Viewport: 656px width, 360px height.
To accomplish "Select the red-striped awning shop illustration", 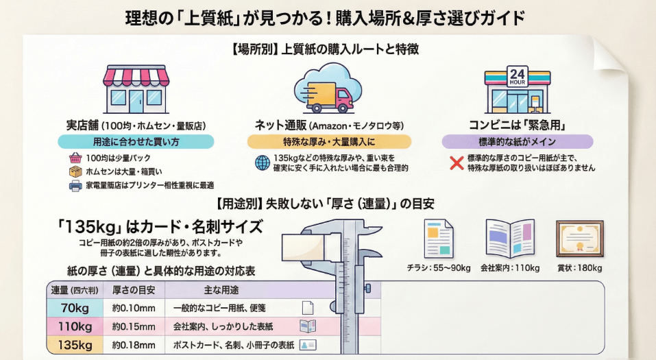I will [x=135, y=89].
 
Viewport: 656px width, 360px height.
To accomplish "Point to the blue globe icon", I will [x=263, y=163].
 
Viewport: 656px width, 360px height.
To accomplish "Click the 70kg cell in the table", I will [x=75, y=308].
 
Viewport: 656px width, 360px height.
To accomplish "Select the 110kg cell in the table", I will [x=75, y=326].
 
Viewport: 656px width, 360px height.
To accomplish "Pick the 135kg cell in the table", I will [x=75, y=345].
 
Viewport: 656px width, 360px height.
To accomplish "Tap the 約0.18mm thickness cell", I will [x=134, y=345].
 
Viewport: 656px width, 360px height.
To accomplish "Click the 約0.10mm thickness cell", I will [x=134, y=308].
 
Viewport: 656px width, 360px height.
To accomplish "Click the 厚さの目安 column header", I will [x=134, y=289].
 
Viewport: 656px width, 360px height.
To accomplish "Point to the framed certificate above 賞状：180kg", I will [x=579, y=239].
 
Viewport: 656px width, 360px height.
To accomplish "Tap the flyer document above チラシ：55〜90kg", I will [x=439, y=239].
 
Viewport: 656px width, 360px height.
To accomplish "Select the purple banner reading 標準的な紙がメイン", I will [x=517, y=142].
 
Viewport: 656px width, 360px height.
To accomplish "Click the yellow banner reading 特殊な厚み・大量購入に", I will [x=329, y=142].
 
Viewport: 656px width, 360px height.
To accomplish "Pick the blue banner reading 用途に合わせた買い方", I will [x=136, y=142].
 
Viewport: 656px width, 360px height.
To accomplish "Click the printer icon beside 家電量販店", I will [x=75, y=185].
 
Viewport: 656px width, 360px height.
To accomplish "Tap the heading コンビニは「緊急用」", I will [x=516, y=125].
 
